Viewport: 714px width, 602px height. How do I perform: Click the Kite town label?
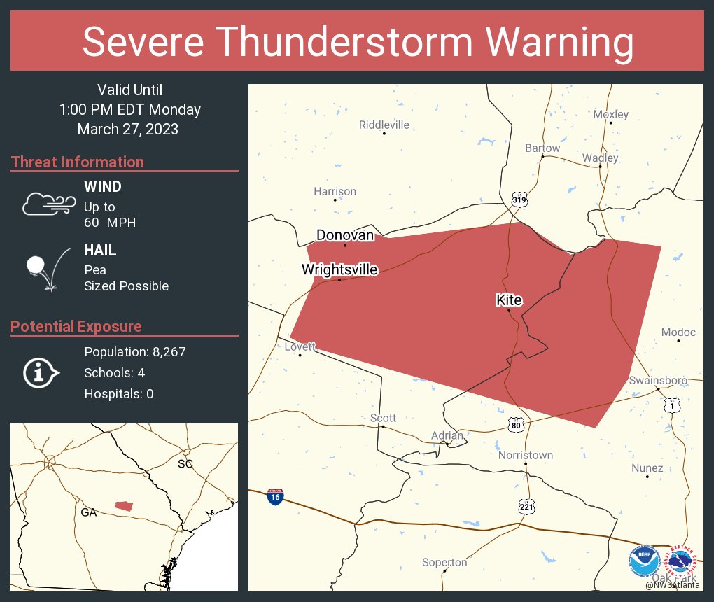[509, 300]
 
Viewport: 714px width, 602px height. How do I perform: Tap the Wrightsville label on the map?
[339, 269]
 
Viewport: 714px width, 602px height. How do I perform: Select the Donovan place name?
[345, 235]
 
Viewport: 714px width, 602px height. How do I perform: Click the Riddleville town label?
[384, 125]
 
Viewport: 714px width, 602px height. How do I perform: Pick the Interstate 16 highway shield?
[275, 497]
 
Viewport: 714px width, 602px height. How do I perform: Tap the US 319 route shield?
[519, 199]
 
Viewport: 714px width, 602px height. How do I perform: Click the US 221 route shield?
[526, 506]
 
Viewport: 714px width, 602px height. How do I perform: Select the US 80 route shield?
[517, 425]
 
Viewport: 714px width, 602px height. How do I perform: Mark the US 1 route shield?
[671, 405]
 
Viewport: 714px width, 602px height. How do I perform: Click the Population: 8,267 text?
[134, 352]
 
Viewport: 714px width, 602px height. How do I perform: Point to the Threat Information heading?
[78, 162]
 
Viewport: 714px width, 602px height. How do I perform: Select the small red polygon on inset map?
[124, 505]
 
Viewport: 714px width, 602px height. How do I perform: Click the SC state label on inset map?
[185, 464]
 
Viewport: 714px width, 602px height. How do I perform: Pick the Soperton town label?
[444, 563]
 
